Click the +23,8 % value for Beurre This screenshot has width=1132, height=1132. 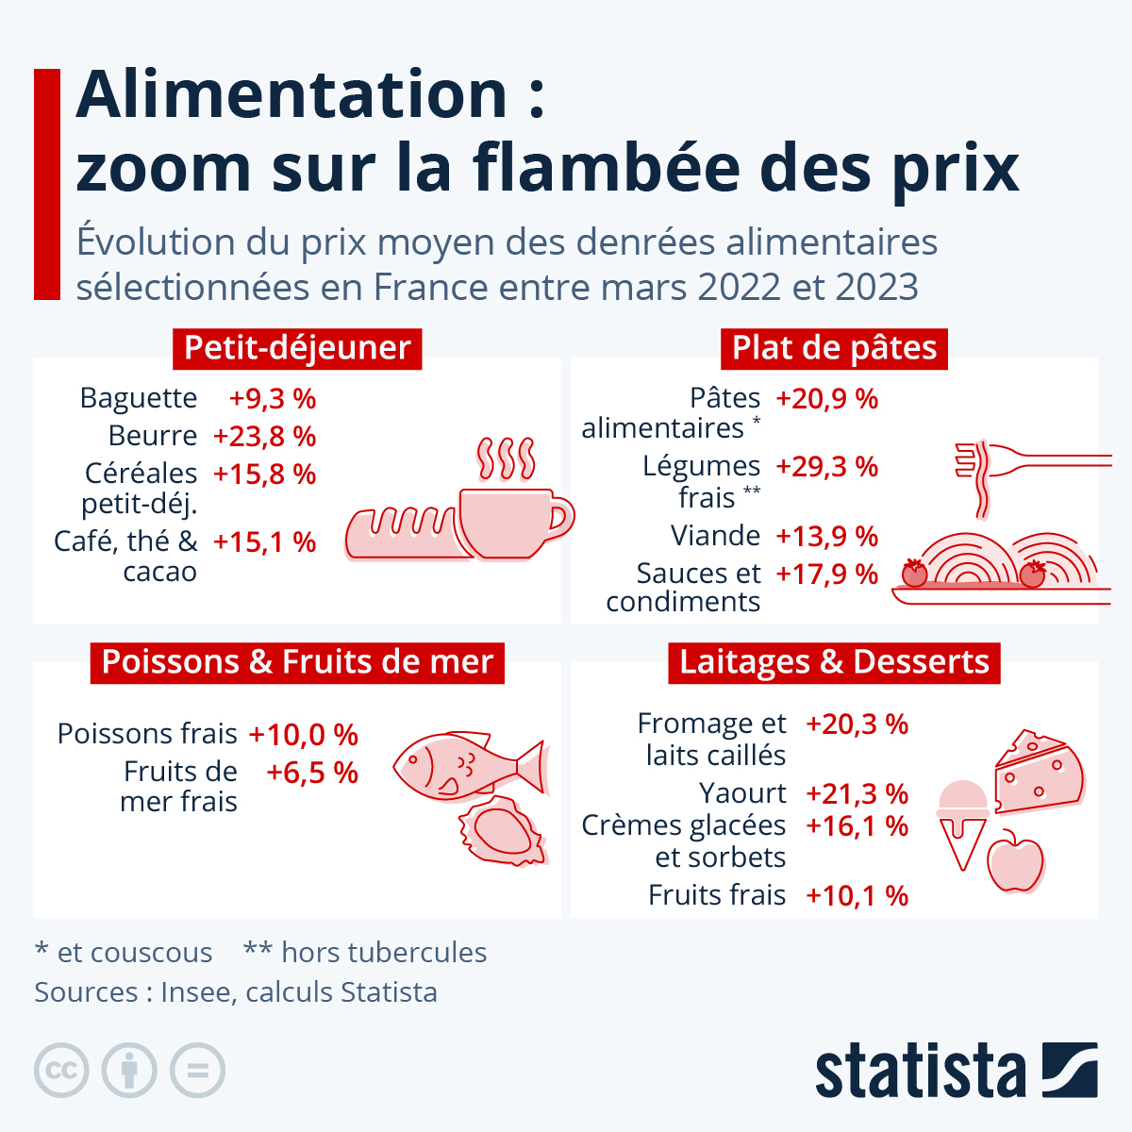click(x=264, y=437)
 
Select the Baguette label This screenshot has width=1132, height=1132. click(x=139, y=398)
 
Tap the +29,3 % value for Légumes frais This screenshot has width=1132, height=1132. click(x=826, y=467)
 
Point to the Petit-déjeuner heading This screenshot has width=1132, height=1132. click(x=297, y=348)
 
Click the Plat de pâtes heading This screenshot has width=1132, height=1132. click(x=834, y=348)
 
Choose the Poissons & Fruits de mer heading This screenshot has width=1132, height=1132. click(x=297, y=662)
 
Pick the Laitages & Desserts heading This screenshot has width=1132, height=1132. click(x=834, y=662)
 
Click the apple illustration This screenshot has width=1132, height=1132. click(x=1015, y=862)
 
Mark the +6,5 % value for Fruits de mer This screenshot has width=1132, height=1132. click(x=312, y=774)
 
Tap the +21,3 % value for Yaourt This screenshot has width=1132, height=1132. click(x=857, y=794)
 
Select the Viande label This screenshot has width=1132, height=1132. click(x=715, y=536)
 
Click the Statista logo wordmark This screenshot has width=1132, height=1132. click(x=920, y=1071)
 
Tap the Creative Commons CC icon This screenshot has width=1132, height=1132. click(x=61, y=1071)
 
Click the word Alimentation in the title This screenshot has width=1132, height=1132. click(x=291, y=94)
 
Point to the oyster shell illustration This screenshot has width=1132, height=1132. click(x=503, y=830)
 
